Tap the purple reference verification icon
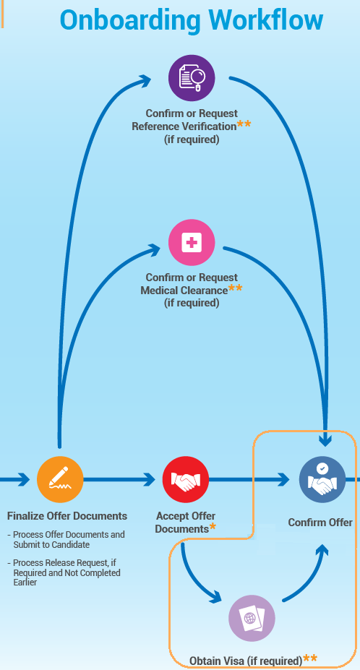click(x=192, y=77)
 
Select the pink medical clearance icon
click(x=192, y=243)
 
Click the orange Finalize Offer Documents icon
click(x=60, y=479)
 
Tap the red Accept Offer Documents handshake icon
click(x=186, y=479)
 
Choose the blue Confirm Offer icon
click(x=322, y=479)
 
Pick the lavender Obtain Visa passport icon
click(x=252, y=619)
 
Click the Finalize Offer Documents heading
click(x=67, y=516)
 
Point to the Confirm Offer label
click(x=320, y=523)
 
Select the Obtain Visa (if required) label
click(x=246, y=661)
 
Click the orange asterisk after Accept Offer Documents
click(x=213, y=528)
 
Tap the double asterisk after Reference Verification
click(x=244, y=124)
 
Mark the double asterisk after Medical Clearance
click(x=236, y=288)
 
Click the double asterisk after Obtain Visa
click(x=310, y=658)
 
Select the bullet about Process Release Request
click(x=66, y=572)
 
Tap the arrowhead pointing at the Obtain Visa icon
click(x=215, y=598)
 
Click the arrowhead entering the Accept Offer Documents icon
click(x=150, y=479)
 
